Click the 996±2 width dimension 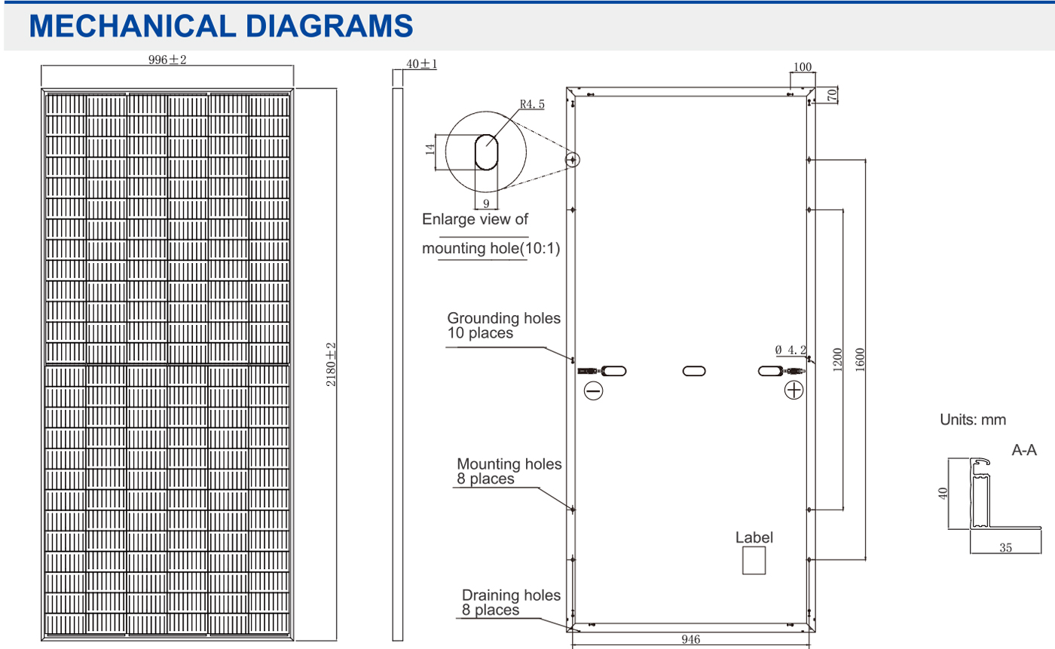(167, 60)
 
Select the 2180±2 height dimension (331, 365)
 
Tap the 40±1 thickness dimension (421, 63)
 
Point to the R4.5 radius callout (532, 104)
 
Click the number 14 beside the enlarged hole (430, 149)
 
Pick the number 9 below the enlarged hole (487, 204)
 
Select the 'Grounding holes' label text (503, 318)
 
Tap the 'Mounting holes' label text (509, 464)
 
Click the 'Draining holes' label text (511, 595)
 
